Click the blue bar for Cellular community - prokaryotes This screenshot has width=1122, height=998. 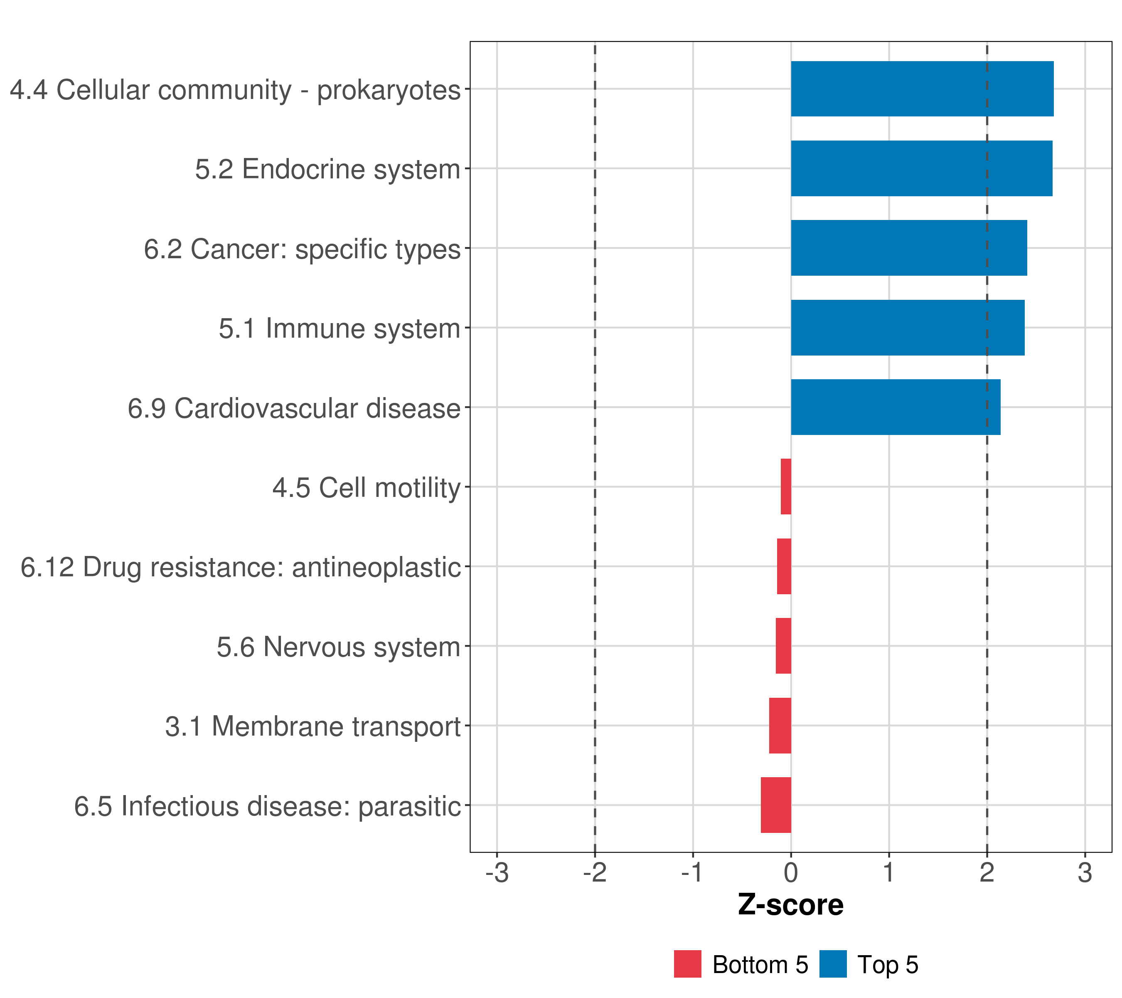922,89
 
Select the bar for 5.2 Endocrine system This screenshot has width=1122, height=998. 921,169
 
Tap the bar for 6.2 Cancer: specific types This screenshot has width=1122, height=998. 908,248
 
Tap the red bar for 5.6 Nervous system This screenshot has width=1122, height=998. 783,646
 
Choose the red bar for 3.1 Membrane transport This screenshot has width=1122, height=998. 780,726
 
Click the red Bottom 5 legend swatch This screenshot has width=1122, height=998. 687,964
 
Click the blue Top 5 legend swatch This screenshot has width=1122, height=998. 833,964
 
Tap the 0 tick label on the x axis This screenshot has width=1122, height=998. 791,873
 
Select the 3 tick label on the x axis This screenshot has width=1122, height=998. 1085,873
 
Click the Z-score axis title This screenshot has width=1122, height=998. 790,905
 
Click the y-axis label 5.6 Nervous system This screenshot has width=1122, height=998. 338,647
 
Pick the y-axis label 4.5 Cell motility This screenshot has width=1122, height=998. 366,488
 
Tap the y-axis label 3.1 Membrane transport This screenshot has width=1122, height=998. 312,726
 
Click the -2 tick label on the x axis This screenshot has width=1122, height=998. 595,873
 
